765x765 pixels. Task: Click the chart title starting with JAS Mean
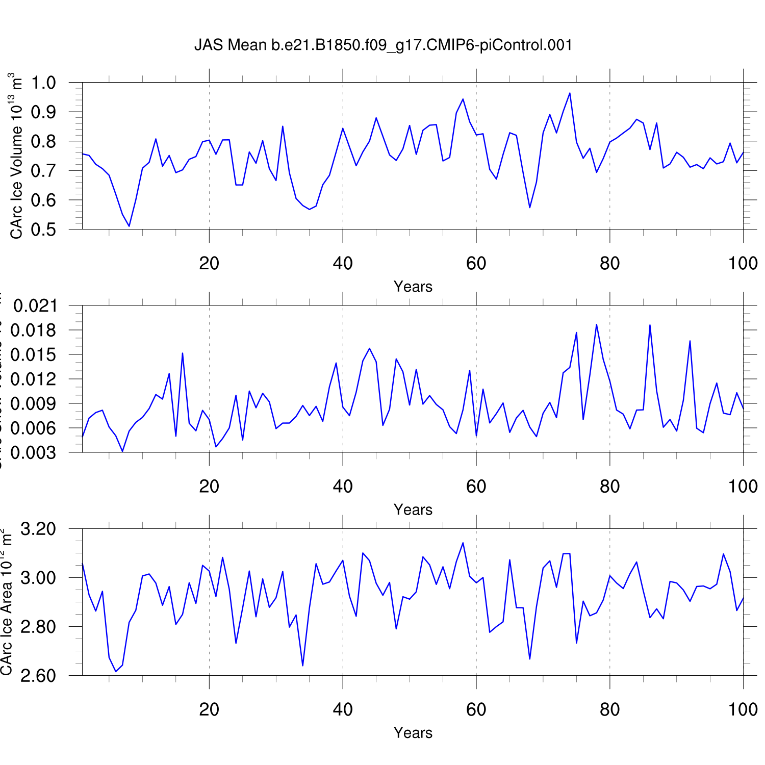click(383, 45)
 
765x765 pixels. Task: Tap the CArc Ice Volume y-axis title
click(16, 156)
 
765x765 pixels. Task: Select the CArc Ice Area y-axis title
click(6, 602)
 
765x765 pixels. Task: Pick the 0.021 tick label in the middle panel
click(35, 306)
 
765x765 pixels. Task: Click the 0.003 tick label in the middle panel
click(35, 452)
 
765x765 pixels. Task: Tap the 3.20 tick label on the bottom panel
click(38, 529)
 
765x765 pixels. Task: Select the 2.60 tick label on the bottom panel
click(38, 676)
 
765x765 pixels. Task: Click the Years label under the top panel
click(413, 287)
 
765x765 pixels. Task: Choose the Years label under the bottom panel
click(413, 733)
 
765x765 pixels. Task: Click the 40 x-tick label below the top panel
click(343, 264)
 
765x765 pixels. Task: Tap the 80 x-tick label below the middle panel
click(609, 487)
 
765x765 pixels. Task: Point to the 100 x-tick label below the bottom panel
click(743, 709)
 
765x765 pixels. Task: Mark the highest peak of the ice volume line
click(570, 93)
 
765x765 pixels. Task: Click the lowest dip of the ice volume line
click(129, 226)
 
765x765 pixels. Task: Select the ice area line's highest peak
click(463, 543)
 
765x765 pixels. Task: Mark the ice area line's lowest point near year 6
click(116, 671)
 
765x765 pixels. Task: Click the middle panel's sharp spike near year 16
click(182, 353)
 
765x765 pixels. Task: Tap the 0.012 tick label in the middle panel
click(35, 379)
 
